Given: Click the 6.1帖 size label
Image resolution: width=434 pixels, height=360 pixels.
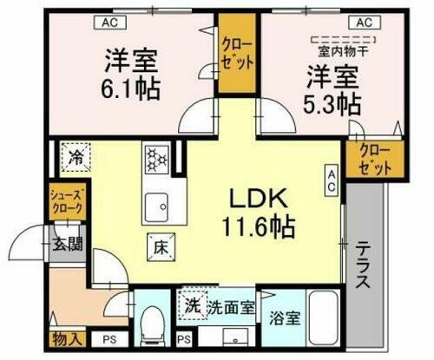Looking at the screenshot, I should [x=131, y=89].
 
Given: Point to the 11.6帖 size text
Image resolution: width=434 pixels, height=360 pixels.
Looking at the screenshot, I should [x=259, y=228].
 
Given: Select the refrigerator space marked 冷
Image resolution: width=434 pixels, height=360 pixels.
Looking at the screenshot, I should [x=75, y=158].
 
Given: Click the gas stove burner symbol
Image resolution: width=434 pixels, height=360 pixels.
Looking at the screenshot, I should [x=157, y=158].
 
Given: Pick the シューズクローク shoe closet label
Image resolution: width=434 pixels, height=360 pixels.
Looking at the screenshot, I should [x=67, y=203].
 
